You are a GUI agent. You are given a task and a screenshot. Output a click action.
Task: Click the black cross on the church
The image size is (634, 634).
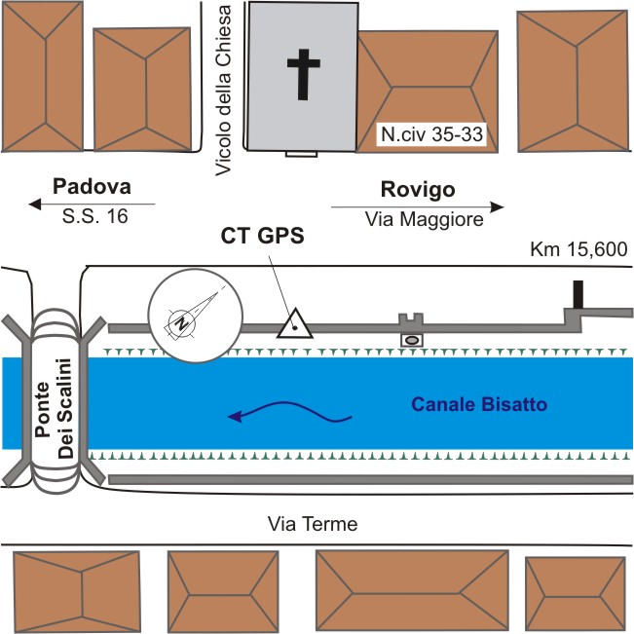pos(304,74)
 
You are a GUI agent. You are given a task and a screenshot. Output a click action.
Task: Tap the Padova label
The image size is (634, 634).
pos(92,187)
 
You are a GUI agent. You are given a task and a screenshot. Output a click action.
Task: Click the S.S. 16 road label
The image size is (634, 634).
pos(95,216)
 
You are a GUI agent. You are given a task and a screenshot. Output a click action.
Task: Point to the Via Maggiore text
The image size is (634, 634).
pos(425,219)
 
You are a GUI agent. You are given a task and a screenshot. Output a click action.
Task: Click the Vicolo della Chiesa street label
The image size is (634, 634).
pos(223,91)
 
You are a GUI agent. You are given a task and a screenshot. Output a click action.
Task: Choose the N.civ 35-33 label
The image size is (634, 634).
pos(431,134)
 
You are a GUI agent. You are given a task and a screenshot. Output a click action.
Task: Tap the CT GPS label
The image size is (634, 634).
pos(262,236)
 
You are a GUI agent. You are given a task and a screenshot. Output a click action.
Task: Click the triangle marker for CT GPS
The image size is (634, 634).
pos(295,325)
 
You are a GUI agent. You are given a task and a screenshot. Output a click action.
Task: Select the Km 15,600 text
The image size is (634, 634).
pos(578,249)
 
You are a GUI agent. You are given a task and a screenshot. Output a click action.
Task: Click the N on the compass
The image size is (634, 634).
pos(182,322)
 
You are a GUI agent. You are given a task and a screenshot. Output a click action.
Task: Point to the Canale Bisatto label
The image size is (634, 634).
pos(479,404)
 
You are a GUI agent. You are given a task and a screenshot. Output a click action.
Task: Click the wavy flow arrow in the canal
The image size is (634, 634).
pos(289,407)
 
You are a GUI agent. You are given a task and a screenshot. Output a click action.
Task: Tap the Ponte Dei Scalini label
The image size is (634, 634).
pos(54,408)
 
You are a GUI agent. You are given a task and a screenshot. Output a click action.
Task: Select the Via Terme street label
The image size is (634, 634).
pos(313,524)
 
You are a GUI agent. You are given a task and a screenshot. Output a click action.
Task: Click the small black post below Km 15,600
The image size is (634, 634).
pos(578,294)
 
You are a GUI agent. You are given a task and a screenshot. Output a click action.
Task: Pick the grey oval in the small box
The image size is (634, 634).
pos(412,341)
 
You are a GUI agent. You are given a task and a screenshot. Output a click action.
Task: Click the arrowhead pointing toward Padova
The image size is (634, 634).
pos(35,205)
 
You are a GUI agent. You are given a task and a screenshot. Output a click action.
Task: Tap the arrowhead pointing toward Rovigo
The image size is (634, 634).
pos(497,207)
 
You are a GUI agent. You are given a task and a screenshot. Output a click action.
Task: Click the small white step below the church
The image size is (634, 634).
pos(301,154)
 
